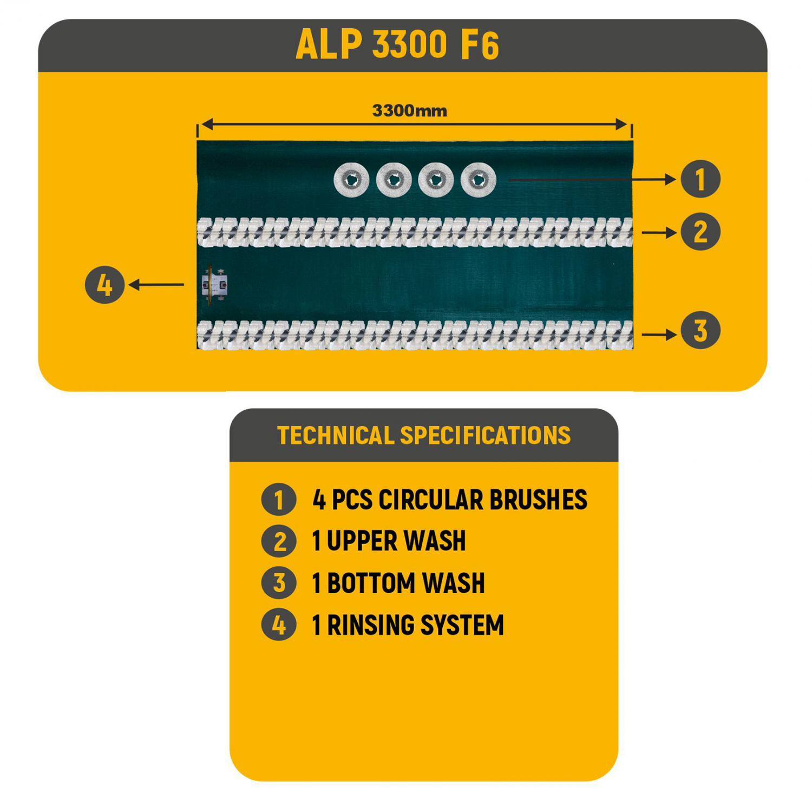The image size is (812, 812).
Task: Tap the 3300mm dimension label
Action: [410, 111]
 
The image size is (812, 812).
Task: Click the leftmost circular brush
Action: [351, 180]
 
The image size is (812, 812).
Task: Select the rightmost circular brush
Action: [479, 180]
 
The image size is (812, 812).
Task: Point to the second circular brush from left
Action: [394, 180]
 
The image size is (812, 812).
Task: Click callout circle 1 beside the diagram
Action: [700, 179]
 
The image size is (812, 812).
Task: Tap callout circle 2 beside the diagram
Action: [700, 232]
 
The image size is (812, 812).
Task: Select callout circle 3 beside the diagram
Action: [700, 330]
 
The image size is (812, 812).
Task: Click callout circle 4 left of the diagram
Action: [104, 285]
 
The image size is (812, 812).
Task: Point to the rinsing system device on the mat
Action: [214, 285]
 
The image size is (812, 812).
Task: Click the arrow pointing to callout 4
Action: [156, 285]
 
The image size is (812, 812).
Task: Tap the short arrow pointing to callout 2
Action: [659, 233]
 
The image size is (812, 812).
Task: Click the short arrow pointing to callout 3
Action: [659, 335]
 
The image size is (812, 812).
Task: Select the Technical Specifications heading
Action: [424, 435]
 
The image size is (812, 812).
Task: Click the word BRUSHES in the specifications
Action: [538, 500]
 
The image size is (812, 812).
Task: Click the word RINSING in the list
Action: [371, 625]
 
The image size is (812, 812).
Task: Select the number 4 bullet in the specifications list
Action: [279, 625]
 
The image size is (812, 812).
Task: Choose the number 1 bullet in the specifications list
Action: [279, 499]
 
